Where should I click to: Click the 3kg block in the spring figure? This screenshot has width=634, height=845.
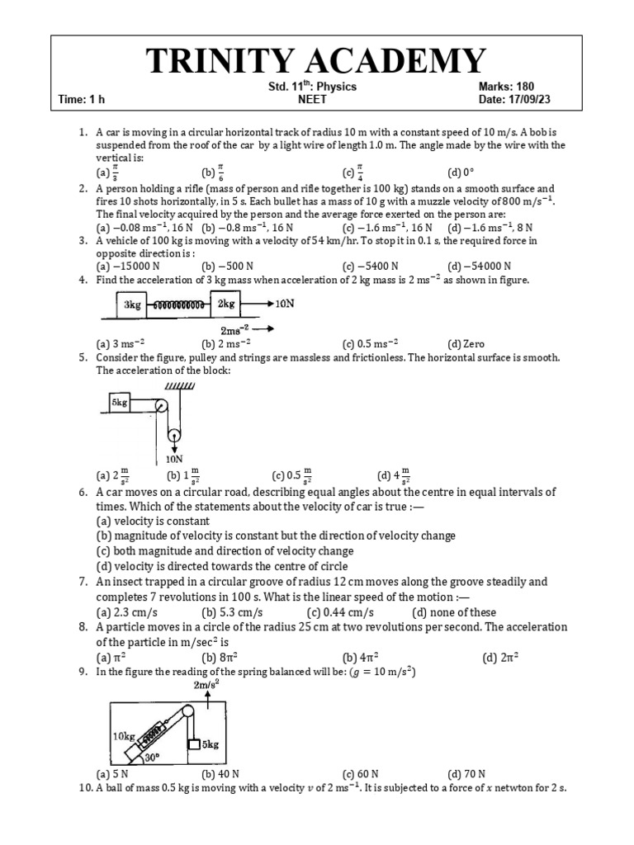coord(132,304)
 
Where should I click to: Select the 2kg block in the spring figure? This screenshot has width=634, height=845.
coord(226,304)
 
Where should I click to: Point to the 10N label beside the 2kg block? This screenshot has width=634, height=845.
coord(284,304)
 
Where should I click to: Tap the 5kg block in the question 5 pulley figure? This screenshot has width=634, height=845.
coord(121,403)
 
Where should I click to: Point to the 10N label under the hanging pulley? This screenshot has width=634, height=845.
coord(174,459)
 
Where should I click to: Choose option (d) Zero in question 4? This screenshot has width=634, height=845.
coord(466,343)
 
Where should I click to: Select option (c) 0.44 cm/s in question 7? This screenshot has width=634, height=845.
coord(340,611)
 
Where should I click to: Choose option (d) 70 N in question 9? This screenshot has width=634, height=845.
coord(467,774)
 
